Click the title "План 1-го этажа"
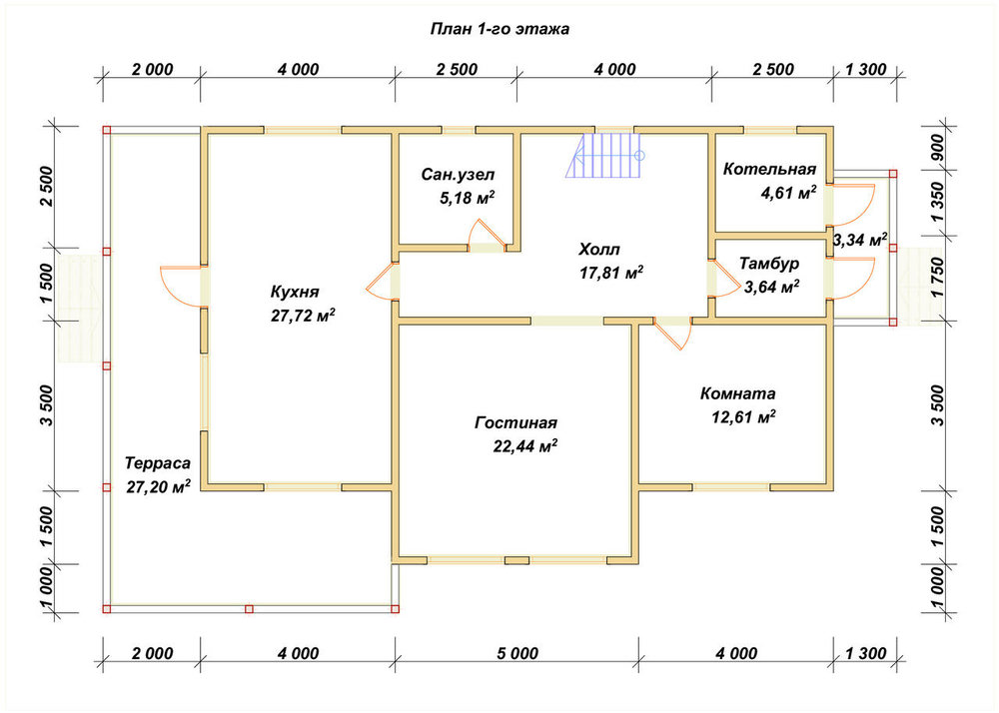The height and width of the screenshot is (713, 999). pyautogui.click(x=499, y=29)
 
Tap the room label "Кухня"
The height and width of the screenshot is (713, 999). pyautogui.click(x=295, y=293)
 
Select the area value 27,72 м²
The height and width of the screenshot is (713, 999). pyautogui.click(x=304, y=316)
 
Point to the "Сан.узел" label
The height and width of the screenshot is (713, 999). pyautogui.click(x=458, y=175)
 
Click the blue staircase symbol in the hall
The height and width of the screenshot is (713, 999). pyautogui.click(x=604, y=155)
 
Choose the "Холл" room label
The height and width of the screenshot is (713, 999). pyautogui.click(x=598, y=249)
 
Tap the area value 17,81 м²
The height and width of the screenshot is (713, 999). pyautogui.click(x=611, y=273)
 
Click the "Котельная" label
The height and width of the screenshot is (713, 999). pyautogui.click(x=769, y=170)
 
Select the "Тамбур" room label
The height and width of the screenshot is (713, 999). pyautogui.click(x=769, y=263)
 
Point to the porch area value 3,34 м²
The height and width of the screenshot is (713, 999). pyautogui.click(x=860, y=240)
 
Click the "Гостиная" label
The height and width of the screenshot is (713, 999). pyautogui.click(x=516, y=423)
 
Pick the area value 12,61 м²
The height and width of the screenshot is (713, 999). pyautogui.click(x=743, y=417)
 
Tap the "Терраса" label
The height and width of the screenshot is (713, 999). pyautogui.click(x=158, y=462)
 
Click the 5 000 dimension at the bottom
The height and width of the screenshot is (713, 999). pyautogui.click(x=516, y=654)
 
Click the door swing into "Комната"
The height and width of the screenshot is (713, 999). pyautogui.click(x=672, y=335)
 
